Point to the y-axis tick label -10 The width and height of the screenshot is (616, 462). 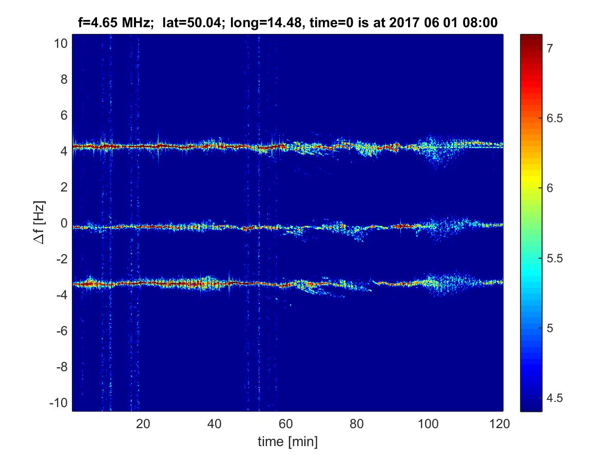coord(59,403)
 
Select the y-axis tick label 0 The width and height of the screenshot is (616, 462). coord(64,223)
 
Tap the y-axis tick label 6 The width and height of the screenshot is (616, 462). coord(64,115)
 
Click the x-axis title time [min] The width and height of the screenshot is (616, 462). coord(287,441)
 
